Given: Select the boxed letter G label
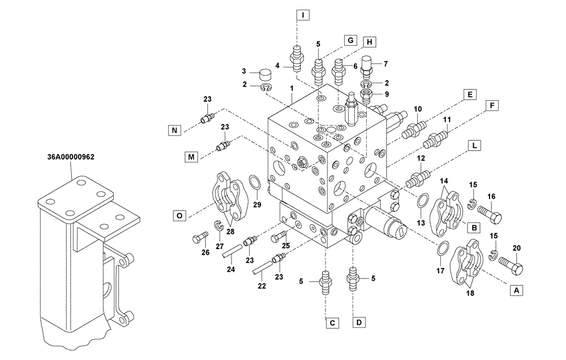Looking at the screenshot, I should pyautogui.click(x=350, y=40).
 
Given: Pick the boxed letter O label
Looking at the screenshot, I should pyautogui.click(x=179, y=215).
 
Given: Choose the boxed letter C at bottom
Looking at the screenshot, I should pyautogui.click(x=333, y=323).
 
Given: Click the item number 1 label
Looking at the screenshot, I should pyautogui.click(x=291, y=89).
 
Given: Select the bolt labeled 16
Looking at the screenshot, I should pyautogui.click(x=491, y=215).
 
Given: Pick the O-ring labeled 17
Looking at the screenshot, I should pyautogui.click(x=444, y=247).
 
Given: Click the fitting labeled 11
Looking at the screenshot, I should pyautogui.click(x=439, y=138).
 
